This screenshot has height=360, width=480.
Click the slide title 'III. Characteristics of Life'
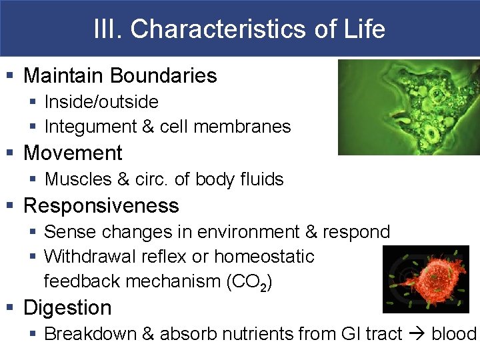click(x=239, y=29)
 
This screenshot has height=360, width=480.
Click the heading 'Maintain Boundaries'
click(x=120, y=75)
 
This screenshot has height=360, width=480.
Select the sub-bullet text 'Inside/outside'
click(x=101, y=102)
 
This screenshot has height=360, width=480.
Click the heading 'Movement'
click(x=73, y=153)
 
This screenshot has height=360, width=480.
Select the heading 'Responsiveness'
click(x=101, y=205)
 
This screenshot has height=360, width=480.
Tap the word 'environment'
click(x=243, y=232)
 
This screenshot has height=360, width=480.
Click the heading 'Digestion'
click(x=67, y=308)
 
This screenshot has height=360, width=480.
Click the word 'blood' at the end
click(x=454, y=334)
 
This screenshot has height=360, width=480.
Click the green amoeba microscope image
click(x=408, y=107)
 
